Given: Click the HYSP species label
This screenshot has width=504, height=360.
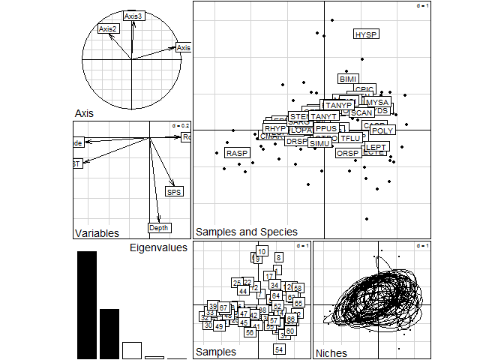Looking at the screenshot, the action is (x=366, y=34).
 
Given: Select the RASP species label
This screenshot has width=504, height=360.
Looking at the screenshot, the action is (x=237, y=153).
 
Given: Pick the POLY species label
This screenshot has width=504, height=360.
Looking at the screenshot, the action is (x=382, y=131).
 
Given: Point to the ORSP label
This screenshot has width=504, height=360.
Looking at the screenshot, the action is (x=348, y=153).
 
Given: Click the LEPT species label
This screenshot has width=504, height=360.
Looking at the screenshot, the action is (x=376, y=147).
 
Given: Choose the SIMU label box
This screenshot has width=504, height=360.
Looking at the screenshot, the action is (x=320, y=143).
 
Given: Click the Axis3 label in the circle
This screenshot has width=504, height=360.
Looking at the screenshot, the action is (x=133, y=16).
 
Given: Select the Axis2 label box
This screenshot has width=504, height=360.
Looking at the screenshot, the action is (x=109, y=29).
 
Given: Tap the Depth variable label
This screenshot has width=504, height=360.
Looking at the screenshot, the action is (x=159, y=228).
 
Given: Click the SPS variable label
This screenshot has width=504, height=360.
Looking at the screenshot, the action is (x=174, y=192).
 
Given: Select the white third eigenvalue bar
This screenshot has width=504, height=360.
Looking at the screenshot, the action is (x=132, y=350).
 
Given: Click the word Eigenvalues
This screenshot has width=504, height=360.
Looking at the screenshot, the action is (x=158, y=247).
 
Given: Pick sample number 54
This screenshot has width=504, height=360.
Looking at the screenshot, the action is (x=280, y=349).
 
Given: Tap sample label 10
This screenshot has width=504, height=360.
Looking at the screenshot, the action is (x=262, y=251).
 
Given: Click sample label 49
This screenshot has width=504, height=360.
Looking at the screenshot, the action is (x=218, y=326).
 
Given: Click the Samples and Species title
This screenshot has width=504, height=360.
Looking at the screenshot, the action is (x=246, y=232).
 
